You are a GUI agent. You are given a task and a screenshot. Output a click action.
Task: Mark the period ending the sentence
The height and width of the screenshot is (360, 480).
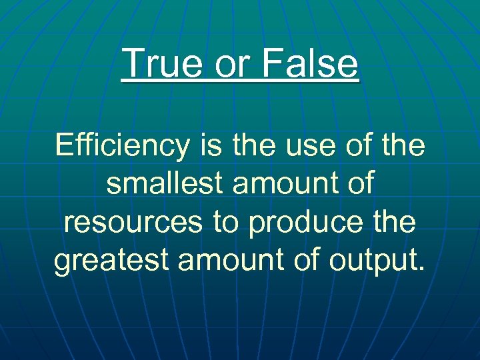(420, 269)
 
